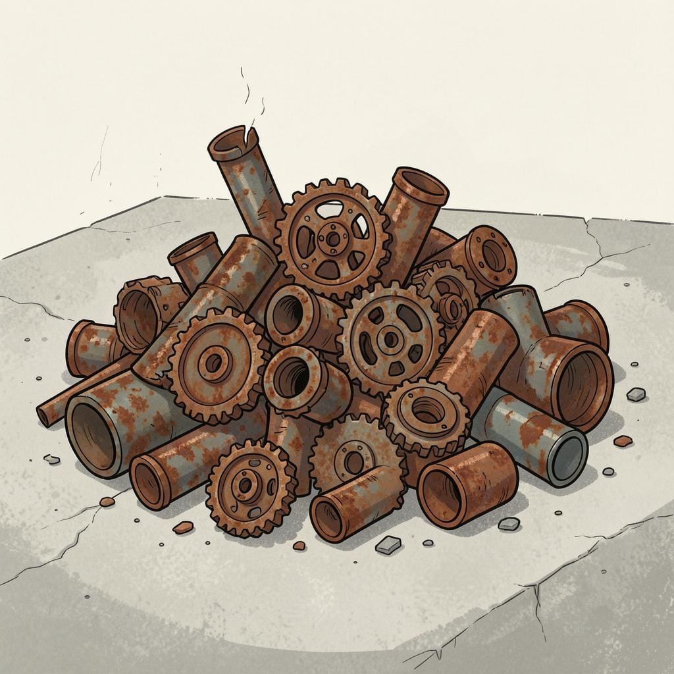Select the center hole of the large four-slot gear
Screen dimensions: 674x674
[x=390, y=339]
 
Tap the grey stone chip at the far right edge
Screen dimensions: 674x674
[x=636, y=394]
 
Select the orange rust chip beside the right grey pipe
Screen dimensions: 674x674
[x=623, y=441]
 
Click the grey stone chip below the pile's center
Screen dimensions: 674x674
[x=388, y=544]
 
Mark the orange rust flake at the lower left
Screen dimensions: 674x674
[x=183, y=527]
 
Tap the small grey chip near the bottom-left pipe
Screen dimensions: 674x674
[x=51, y=459]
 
